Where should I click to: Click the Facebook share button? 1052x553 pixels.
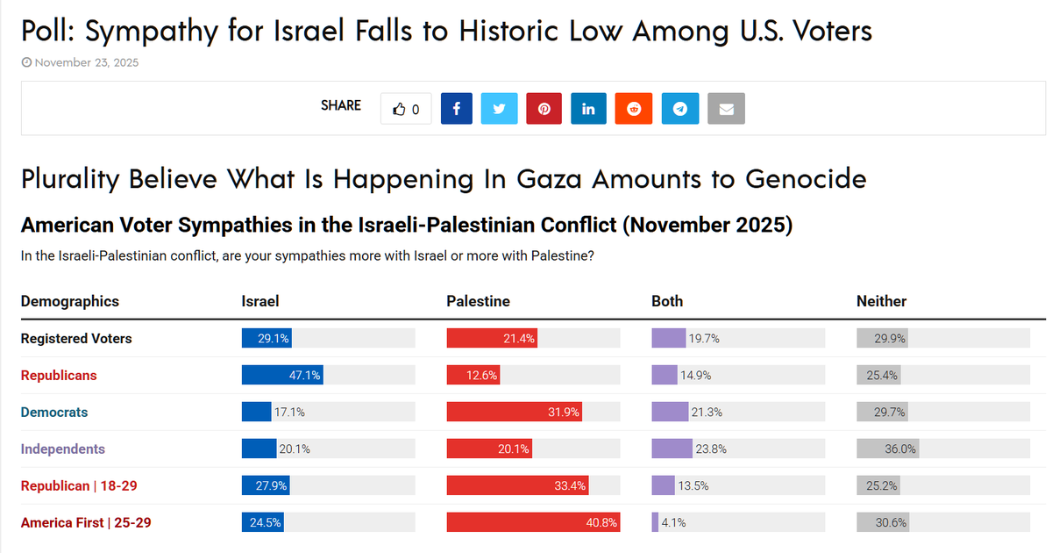pyautogui.click(x=457, y=109)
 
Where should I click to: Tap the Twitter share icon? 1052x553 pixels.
pyautogui.click(x=500, y=109)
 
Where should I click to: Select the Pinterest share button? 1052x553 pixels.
pyautogui.click(x=544, y=109)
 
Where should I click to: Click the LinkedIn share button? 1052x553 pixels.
pyautogui.click(x=588, y=109)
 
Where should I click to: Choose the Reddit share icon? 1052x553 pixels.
pyautogui.click(x=633, y=109)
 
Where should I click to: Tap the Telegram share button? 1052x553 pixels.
pyautogui.click(x=680, y=109)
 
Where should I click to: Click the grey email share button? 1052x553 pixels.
pyautogui.click(x=726, y=109)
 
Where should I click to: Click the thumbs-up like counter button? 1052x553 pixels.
pyautogui.click(x=406, y=109)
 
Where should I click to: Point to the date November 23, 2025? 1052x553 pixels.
pyautogui.click(x=86, y=62)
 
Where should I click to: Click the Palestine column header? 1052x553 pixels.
pyautogui.click(x=478, y=301)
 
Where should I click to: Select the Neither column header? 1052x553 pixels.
pyautogui.click(x=881, y=301)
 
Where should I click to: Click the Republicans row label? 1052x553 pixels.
pyautogui.click(x=59, y=376)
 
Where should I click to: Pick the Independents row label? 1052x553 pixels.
pyautogui.click(x=62, y=449)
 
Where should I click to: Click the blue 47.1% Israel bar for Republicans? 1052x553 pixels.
pyautogui.click(x=282, y=376)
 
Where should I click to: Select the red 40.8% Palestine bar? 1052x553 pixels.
pyautogui.click(x=533, y=523)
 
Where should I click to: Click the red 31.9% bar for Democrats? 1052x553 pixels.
pyautogui.click(x=514, y=413)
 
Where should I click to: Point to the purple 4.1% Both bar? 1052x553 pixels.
pyautogui.click(x=655, y=523)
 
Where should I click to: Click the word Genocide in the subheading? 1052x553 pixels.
pyautogui.click(x=806, y=179)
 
